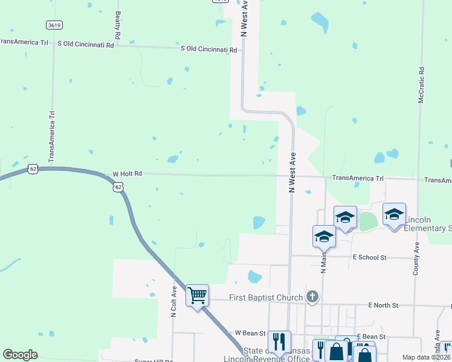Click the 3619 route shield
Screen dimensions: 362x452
pyautogui.click(x=53, y=25)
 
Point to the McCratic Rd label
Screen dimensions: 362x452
pyautogui.click(x=421, y=84)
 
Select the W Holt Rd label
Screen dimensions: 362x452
pyautogui.click(x=127, y=174)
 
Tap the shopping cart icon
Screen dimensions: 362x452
pyautogui.click(x=197, y=296)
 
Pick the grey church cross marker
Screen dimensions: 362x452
pyautogui.click(x=312, y=296)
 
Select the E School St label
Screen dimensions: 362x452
pyautogui.click(x=369, y=257)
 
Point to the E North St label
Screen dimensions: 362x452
pyautogui.click(x=383, y=305)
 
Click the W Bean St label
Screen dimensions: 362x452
pyautogui.click(x=250, y=333)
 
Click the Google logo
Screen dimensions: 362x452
pyautogui.click(x=20, y=355)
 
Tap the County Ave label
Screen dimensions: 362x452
pyautogui.click(x=416, y=259)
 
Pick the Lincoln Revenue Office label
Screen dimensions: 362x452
pyautogui.click(x=276, y=360)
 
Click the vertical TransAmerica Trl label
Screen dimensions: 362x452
pyautogui.click(x=52, y=136)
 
